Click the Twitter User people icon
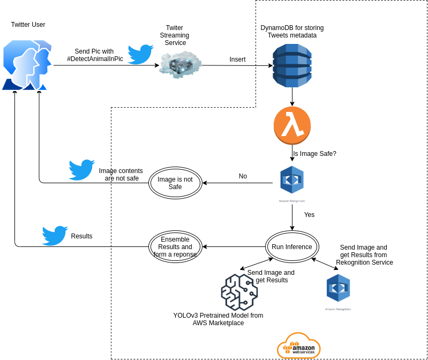27,65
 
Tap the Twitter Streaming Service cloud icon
181,65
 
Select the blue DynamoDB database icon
292,65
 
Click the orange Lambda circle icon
292,125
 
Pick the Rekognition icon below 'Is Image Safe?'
292,180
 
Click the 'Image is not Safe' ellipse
175,183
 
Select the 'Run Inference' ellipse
292,247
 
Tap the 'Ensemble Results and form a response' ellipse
175,247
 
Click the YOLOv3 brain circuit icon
239,292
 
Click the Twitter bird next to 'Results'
55,236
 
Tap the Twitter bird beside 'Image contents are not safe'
81,169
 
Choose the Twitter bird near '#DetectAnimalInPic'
140,54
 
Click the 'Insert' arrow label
237,59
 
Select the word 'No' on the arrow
243,176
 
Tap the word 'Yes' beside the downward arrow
309,215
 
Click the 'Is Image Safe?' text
314,154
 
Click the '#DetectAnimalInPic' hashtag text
95,59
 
